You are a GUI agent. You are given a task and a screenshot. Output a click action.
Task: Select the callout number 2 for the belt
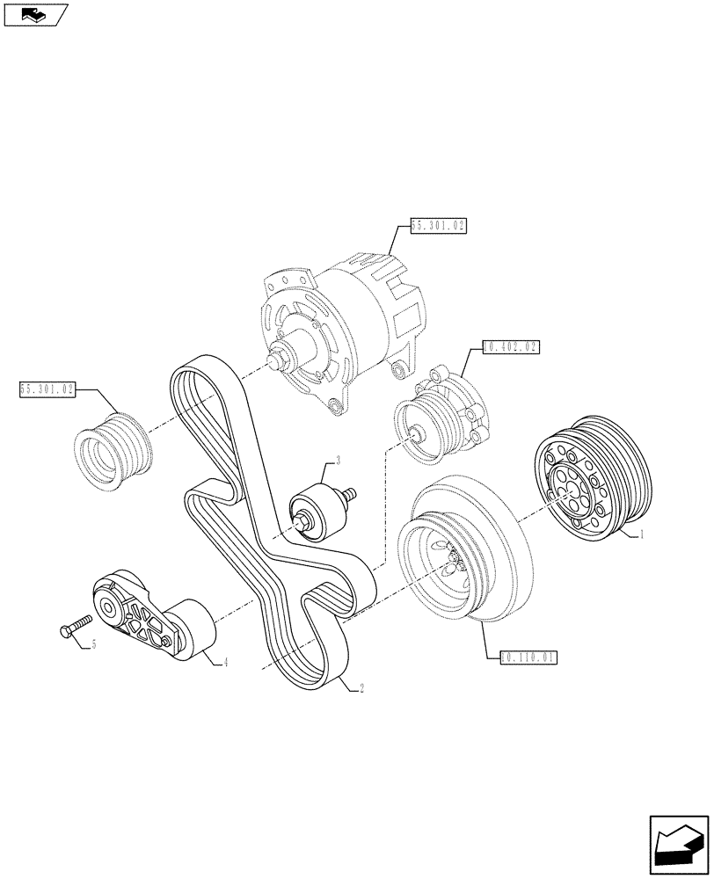tap(361, 689)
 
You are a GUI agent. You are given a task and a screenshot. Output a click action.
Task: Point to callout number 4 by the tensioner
tap(226, 662)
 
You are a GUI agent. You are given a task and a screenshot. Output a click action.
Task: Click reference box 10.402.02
tap(511, 347)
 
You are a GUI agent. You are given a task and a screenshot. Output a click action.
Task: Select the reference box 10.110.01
tap(528, 656)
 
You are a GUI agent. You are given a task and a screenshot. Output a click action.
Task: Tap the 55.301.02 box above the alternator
tap(437, 226)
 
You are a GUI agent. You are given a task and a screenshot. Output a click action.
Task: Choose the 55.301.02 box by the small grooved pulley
tap(47, 387)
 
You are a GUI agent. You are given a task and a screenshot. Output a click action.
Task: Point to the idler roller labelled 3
tap(314, 514)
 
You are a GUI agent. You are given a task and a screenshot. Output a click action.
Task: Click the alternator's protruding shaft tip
tap(274, 360)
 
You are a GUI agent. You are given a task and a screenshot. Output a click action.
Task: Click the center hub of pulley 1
tap(568, 490)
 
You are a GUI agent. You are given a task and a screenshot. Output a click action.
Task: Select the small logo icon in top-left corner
tap(34, 14)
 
